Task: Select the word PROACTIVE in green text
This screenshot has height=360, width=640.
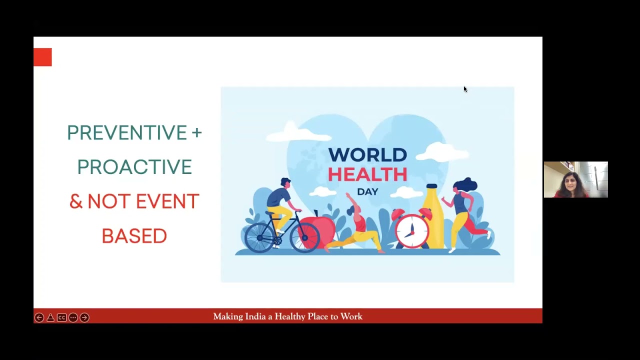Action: pyautogui.click(x=134, y=167)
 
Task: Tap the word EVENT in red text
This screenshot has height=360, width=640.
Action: pyautogui.click(x=167, y=201)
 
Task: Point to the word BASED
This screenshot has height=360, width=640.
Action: pyautogui.click(x=134, y=236)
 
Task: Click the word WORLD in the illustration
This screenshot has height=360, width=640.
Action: pyautogui.click(x=367, y=155)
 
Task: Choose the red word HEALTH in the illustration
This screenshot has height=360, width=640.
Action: pyautogui.click(x=367, y=174)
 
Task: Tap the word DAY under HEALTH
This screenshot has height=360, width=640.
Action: pyautogui.click(x=367, y=191)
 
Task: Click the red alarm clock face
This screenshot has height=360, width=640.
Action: pyautogui.click(x=412, y=231)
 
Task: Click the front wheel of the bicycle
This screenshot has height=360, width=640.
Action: pyautogui.click(x=304, y=236)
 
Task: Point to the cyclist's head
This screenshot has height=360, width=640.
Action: pyautogui.click(x=285, y=183)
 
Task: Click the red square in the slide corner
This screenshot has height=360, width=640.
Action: pyautogui.click(x=42, y=57)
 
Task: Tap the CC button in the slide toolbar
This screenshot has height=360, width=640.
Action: pyautogui.click(x=61, y=317)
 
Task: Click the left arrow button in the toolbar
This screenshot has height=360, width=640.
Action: pyautogui.click(x=39, y=317)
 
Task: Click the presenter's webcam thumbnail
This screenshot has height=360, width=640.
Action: pyautogui.click(x=575, y=179)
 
